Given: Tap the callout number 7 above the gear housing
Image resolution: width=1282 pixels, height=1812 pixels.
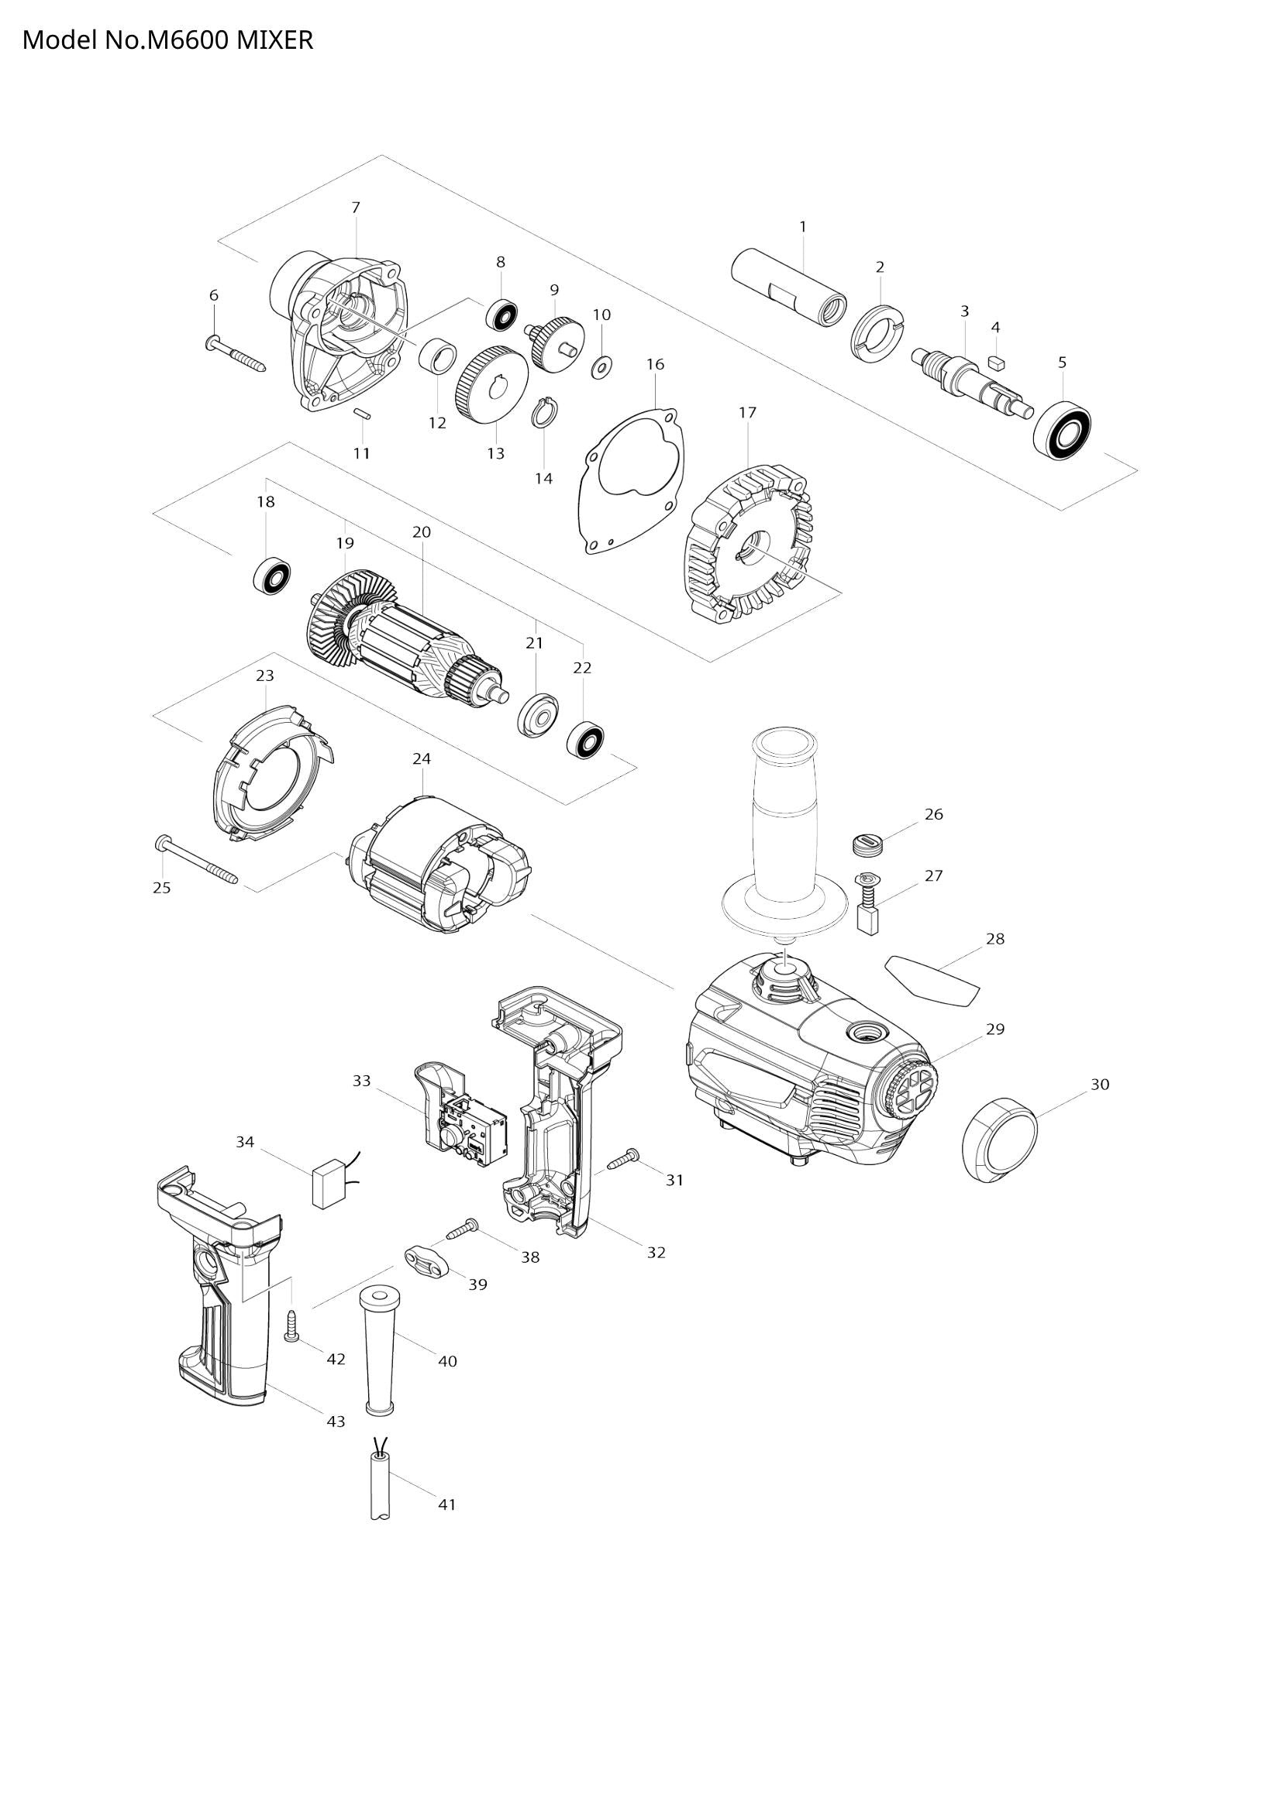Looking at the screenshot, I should click(356, 208).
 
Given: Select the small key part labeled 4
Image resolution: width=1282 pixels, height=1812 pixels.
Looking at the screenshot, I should click(995, 363).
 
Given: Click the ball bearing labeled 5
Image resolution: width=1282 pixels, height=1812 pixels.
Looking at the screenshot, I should click(1063, 431).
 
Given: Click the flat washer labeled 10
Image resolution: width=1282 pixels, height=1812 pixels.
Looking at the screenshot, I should click(601, 366).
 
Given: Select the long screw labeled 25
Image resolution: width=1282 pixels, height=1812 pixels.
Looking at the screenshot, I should click(197, 859).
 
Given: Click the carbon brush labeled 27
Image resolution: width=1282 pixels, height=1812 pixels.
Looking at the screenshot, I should click(867, 903).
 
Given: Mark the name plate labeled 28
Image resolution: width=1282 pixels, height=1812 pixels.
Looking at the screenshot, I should click(932, 977).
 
